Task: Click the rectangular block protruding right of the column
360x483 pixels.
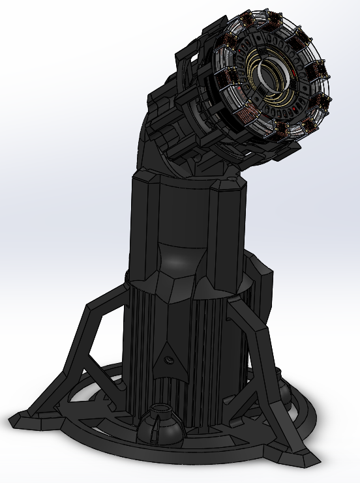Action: point(261,293)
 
